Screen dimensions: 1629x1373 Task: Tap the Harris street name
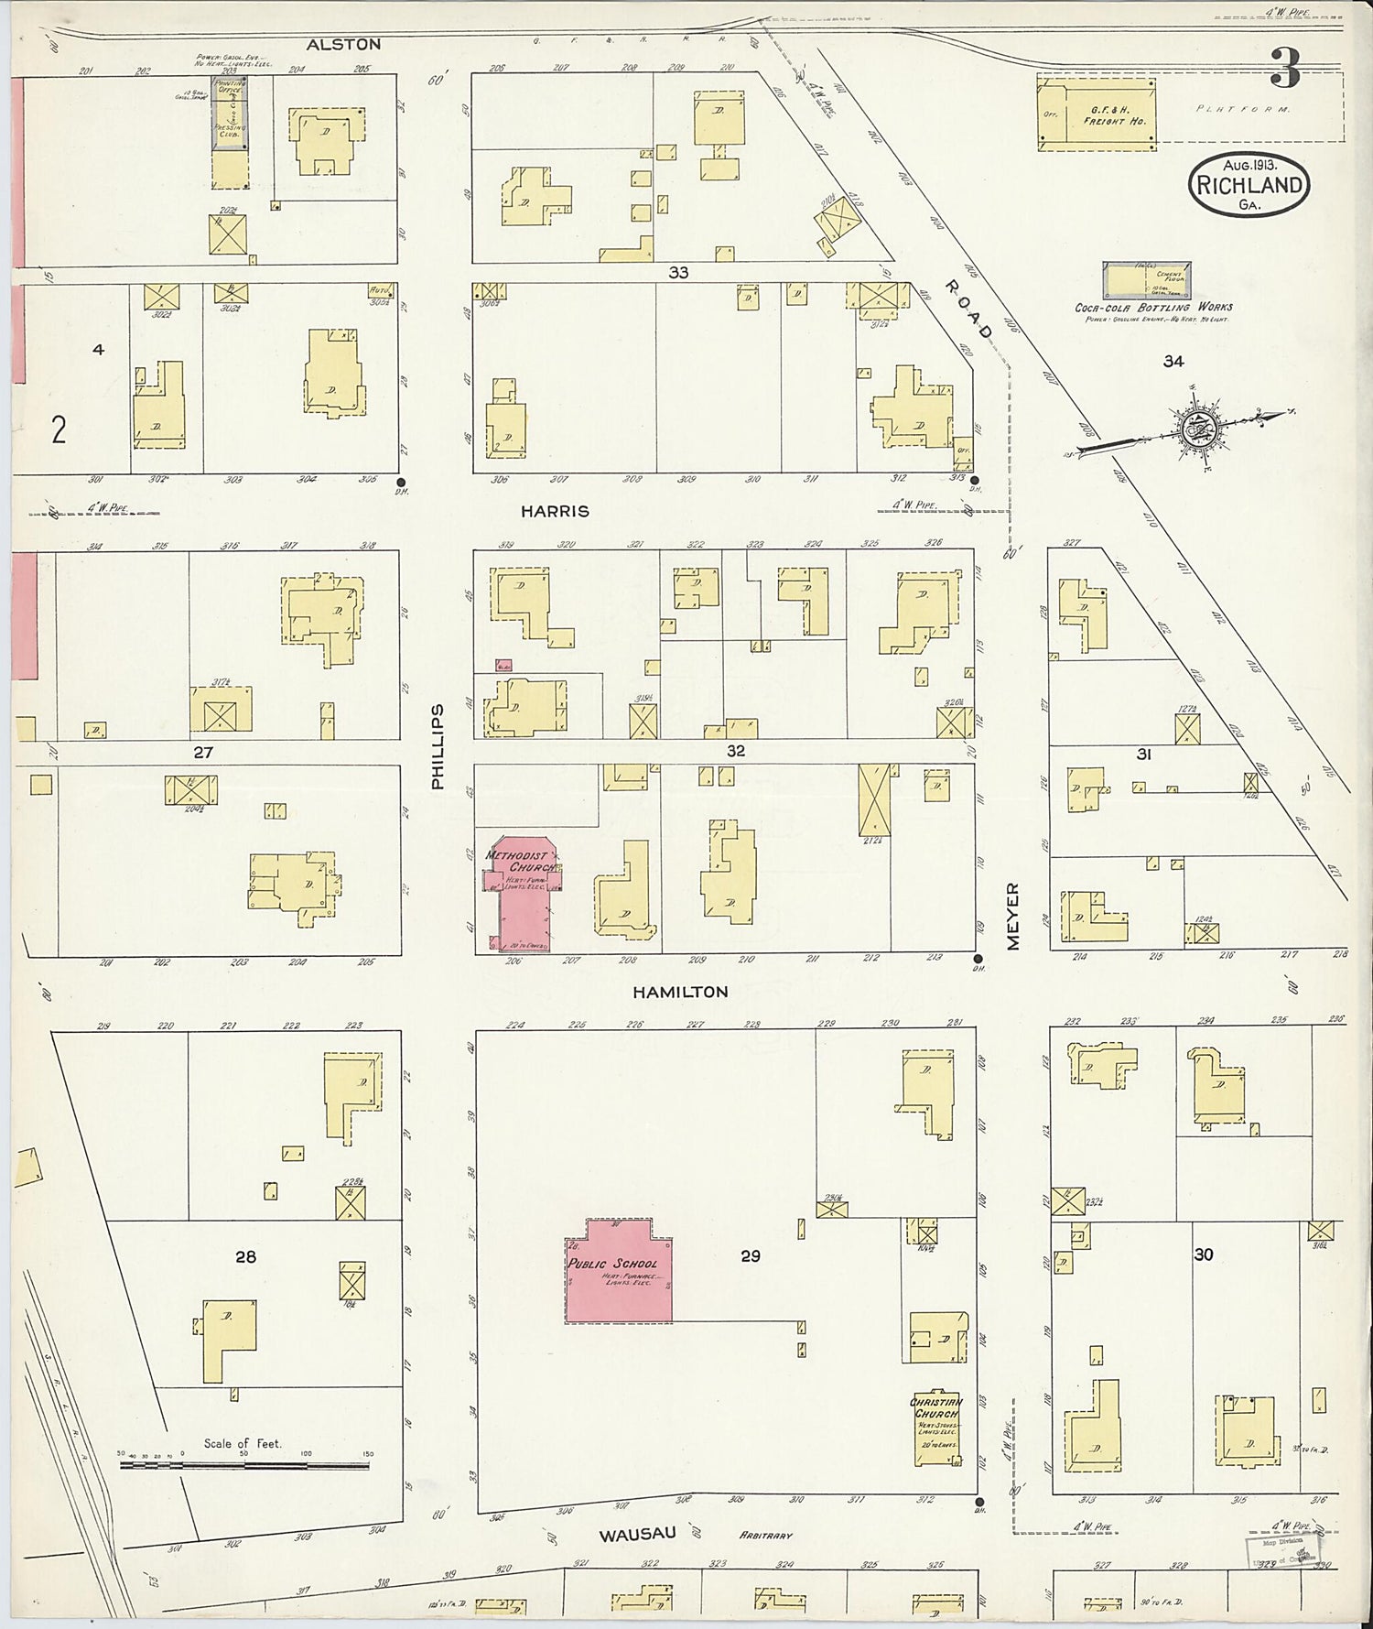pos(555,512)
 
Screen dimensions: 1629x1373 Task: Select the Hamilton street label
pos(680,992)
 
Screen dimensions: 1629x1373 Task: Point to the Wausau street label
pos(637,1534)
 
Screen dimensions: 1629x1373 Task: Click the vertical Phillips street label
pos(438,746)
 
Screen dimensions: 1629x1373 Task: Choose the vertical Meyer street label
pos(1012,916)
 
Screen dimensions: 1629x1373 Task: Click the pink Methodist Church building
pos(520,893)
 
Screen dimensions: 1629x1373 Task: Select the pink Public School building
pos(618,1271)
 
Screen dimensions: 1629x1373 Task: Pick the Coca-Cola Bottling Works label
pos(1153,308)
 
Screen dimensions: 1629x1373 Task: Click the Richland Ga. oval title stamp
pos(1249,185)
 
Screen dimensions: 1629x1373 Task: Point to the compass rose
pos(1195,428)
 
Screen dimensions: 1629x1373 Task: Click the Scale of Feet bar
pos(243,1466)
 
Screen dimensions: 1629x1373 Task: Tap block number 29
pos(750,1256)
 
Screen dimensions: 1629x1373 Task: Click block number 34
pos(1173,362)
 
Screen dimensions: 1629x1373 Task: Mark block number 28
pos(245,1256)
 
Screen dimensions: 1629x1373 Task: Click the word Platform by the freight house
pos(1242,109)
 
